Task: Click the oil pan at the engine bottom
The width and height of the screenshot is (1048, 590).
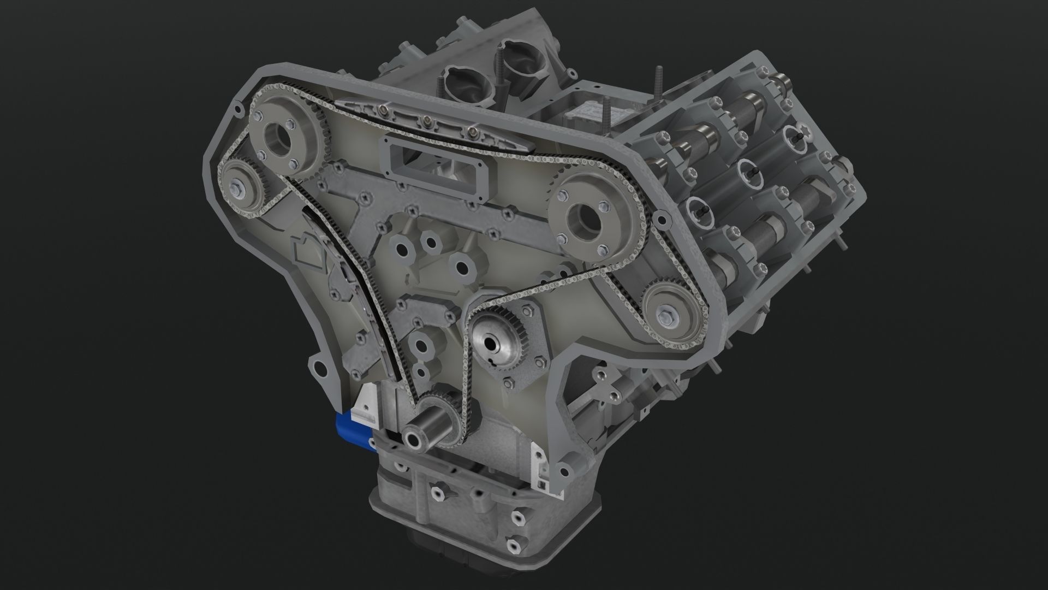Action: pyautogui.click(x=480, y=519)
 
